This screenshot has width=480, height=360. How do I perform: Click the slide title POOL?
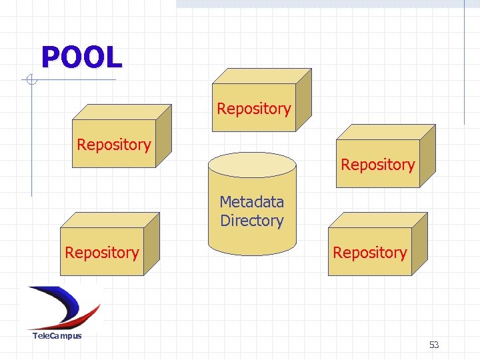coord(81,57)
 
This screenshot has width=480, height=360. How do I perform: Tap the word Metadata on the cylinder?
coord(251,202)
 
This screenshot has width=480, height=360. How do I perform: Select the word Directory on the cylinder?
coord(251,221)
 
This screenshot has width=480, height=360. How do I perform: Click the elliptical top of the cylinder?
coord(251,163)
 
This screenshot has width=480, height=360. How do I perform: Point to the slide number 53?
coord(434,345)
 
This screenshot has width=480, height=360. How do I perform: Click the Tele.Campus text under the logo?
coord(57,335)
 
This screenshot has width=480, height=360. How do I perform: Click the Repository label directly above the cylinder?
coord(253,109)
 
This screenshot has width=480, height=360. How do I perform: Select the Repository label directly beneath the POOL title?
coord(114,145)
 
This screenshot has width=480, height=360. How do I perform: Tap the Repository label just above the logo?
coord(102,253)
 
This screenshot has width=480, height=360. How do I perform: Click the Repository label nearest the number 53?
coord(369,253)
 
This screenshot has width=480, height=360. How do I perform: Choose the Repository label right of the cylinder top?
coord(377,165)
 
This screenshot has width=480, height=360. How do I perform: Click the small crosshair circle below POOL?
coord(30,81)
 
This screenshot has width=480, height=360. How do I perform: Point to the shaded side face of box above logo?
coord(152,243)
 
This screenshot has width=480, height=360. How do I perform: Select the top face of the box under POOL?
coord(123,111)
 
